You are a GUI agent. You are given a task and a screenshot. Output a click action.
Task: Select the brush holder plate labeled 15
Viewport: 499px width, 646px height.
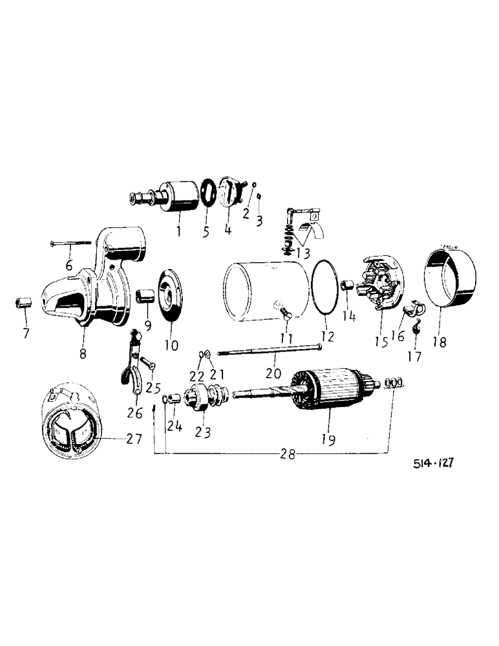380,285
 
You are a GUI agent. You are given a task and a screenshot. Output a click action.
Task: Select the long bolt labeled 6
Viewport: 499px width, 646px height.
71,243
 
